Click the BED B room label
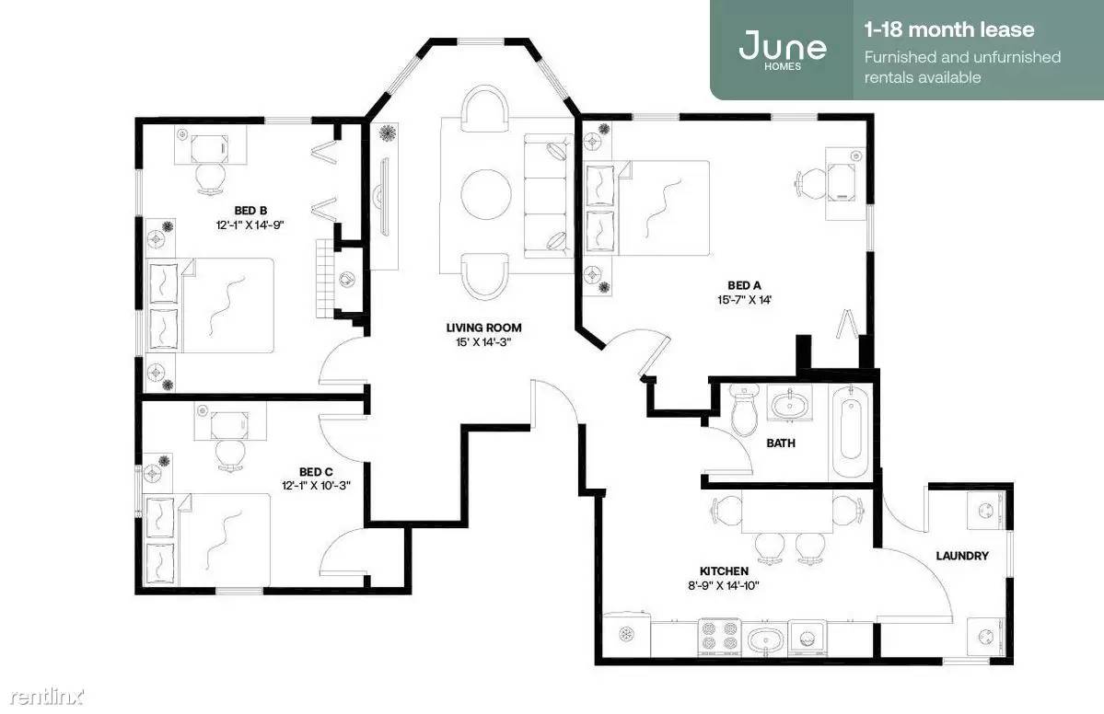250,211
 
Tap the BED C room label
316,472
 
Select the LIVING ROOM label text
483,328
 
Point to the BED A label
744,285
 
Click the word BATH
781,443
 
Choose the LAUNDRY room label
962,556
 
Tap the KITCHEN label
724,571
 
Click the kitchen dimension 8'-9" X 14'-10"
724,585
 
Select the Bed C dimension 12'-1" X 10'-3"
316,486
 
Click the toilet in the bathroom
743,410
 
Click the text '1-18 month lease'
949,29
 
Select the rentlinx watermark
47,697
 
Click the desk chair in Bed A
809,180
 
